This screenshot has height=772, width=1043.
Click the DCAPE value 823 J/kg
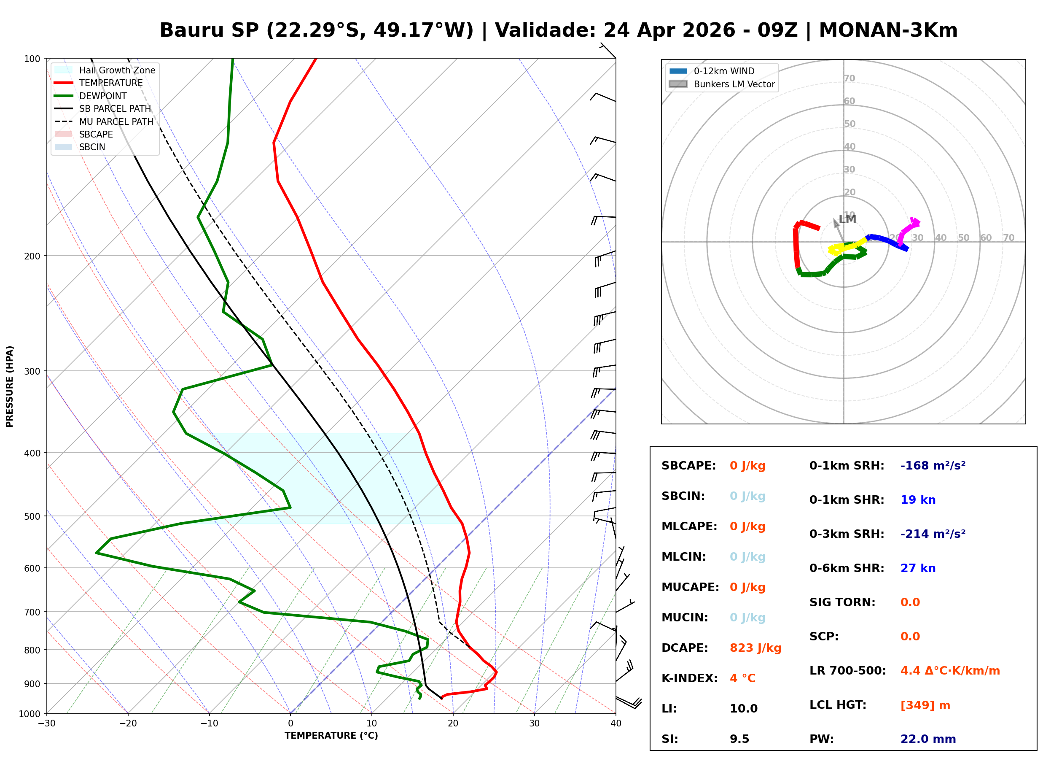click(x=755, y=648)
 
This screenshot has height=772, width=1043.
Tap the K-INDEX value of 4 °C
click(x=742, y=678)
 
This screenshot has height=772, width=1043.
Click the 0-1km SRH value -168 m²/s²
click(x=933, y=465)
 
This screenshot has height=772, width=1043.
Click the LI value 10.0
click(x=743, y=708)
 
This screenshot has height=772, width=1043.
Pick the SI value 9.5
click(x=739, y=739)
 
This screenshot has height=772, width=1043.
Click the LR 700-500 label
click(x=847, y=671)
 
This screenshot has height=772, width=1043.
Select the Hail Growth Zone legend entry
click(x=117, y=70)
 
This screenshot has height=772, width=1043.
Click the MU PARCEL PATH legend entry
click(x=116, y=121)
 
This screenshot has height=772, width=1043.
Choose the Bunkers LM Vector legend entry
click(x=734, y=84)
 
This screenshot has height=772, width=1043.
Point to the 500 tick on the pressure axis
click(x=32, y=516)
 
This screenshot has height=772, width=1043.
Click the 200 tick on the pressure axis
click(x=32, y=256)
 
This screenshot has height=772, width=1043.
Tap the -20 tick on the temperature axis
click(x=127, y=723)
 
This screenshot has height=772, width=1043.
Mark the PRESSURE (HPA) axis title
click(x=10, y=386)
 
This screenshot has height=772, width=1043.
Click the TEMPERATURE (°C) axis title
click(x=331, y=736)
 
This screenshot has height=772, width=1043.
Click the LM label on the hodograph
click(x=847, y=219)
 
